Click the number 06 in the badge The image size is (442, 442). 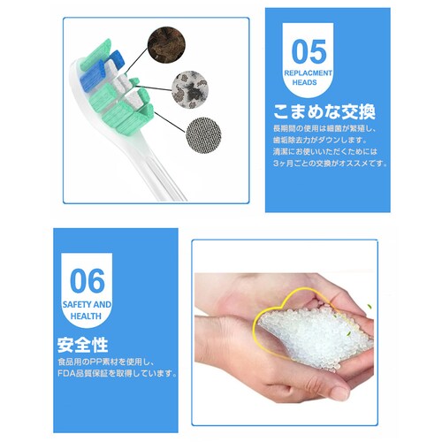(87, 281)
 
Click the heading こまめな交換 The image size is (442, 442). (325, 112)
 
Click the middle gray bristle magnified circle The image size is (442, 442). (191, 88)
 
